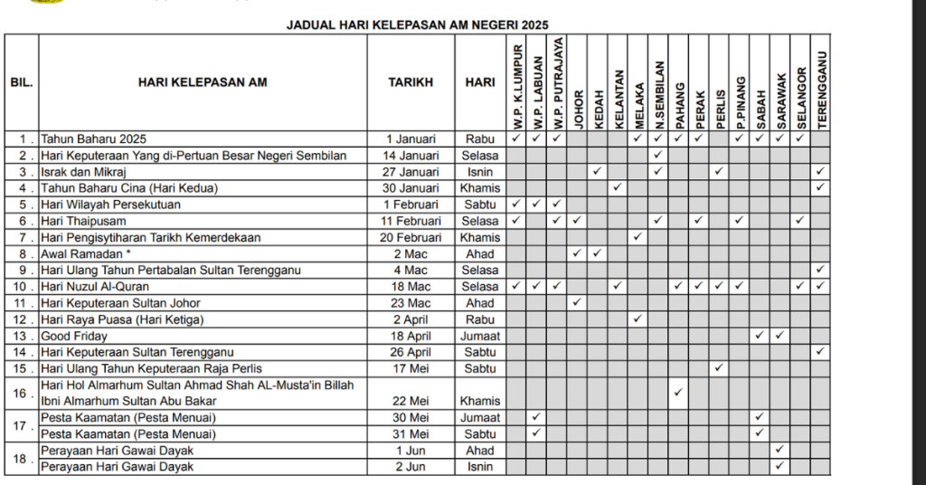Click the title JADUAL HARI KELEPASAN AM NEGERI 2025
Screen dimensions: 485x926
(x=418, y=24)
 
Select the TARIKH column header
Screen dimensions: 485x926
(x=411, y=82)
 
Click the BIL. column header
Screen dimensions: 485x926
(x=22, y=82)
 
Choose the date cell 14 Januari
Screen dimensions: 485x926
(x=411, y=156)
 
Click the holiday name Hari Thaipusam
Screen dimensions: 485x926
(x=83, y=221)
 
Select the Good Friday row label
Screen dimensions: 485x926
(x=70, y=336)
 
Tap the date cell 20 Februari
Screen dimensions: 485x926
(x=411, y=237)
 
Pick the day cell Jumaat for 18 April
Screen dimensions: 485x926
(x=480, y=336)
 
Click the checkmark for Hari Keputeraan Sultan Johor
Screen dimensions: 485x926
(x=577, y=303)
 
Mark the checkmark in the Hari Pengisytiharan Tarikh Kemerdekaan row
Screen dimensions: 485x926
(x=638, y=237)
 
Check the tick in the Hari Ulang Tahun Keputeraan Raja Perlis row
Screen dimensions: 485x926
(x=719, y=368)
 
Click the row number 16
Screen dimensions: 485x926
(x=22, y=394)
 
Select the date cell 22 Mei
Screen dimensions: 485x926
(x=411, y=401)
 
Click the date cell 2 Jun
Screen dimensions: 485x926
(x=411, y=467)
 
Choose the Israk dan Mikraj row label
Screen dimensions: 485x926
(x=83, y=172)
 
